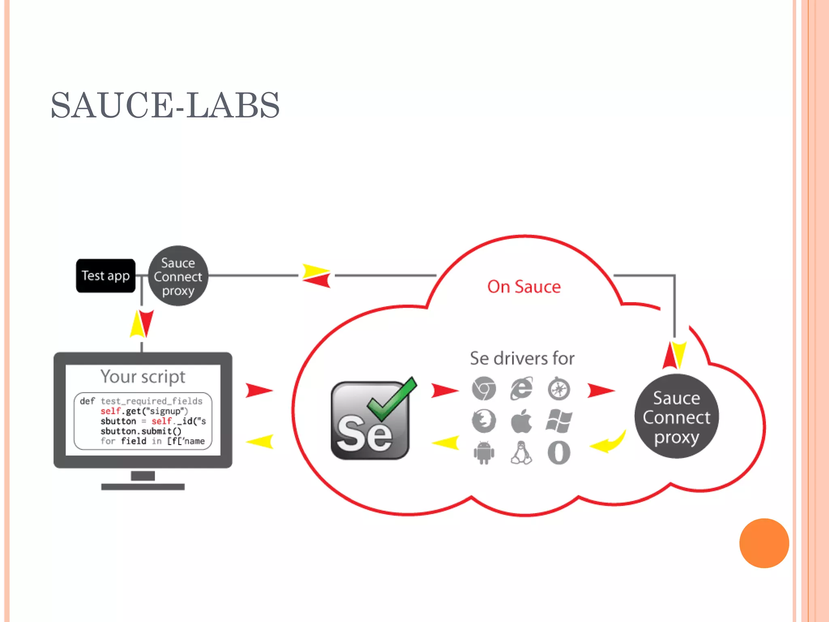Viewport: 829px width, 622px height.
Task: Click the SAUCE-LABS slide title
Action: [x=165, y=105]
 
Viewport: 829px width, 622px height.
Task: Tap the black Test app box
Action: [x=106, y=276]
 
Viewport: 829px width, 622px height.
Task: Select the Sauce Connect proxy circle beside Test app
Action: [x=178, y=276]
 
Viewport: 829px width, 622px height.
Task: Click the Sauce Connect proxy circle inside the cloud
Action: [x=676, y=417]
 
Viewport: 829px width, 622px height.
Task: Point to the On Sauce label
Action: [x=524, y=287]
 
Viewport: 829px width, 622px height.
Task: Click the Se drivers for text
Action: [x=522, y=358]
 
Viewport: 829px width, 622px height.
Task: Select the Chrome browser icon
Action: [x=484, y=388]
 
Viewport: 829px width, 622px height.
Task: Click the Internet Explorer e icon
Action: [x=521, y=389]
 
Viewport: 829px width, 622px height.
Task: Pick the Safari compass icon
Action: [x=559, y=389]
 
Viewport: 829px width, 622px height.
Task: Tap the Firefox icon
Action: [x=484, y=421]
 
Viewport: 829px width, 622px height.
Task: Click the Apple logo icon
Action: [x=521, y=421]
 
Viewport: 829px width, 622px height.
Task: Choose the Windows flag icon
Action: [x=559, y=421]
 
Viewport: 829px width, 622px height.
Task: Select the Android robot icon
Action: [x=484, y=453]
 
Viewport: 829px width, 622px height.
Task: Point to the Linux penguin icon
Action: [x=521, y=453]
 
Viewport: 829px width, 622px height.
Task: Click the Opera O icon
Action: [x=559, y=453]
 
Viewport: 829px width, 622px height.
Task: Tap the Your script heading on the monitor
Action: [x=143, y=377]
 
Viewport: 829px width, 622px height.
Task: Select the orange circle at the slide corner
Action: [x=764, y=543]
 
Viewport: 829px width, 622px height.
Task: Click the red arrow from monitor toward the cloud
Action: [x=259, y=390]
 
